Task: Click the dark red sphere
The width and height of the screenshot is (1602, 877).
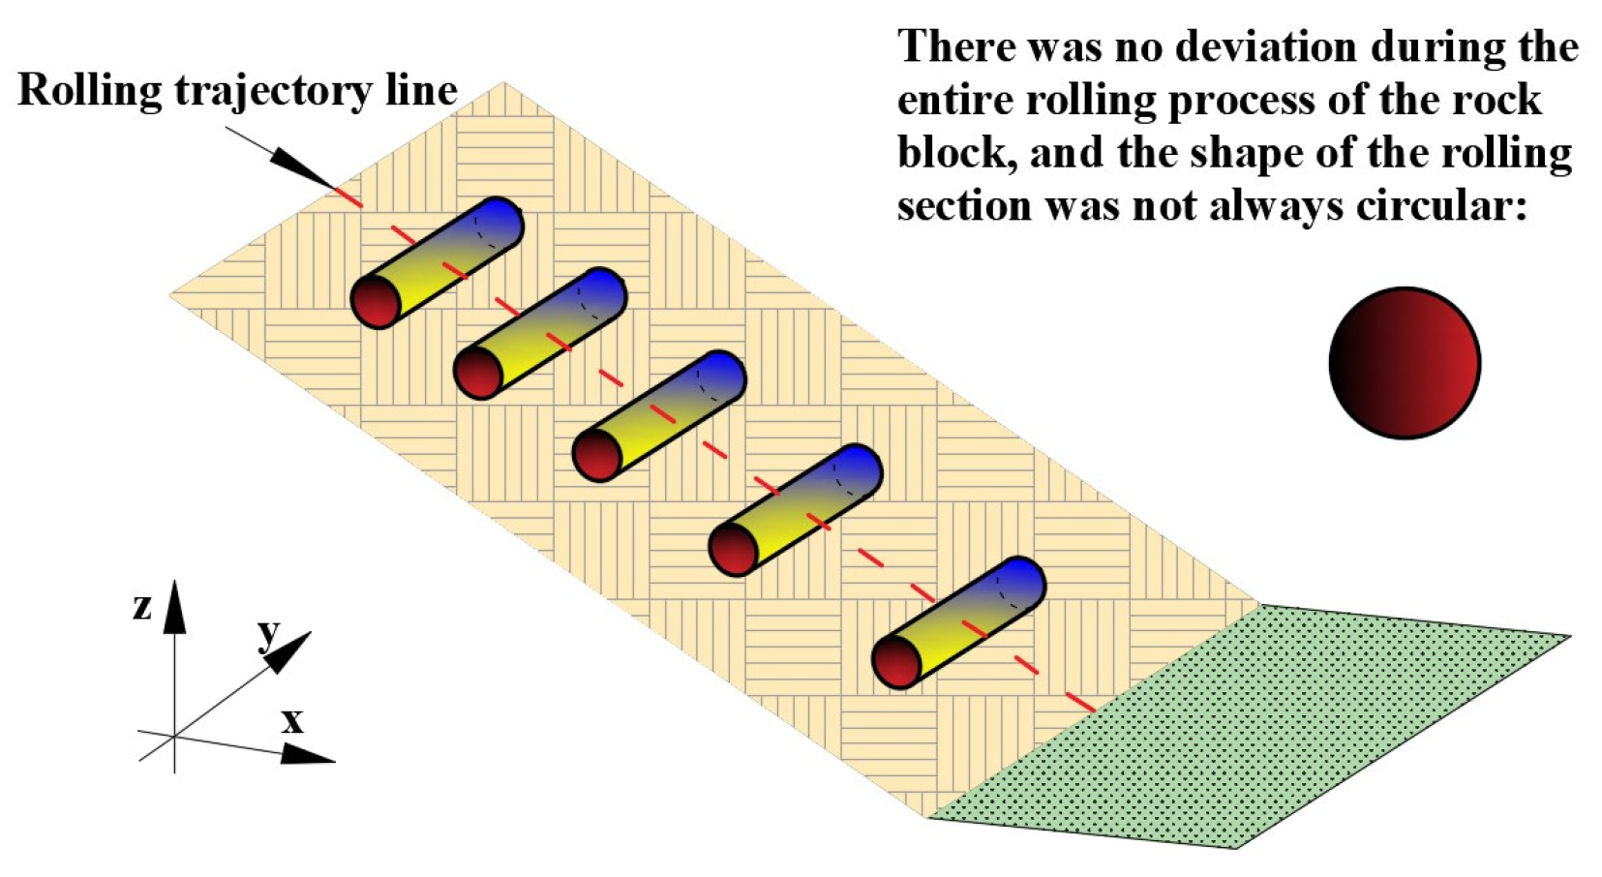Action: click(1404, 362)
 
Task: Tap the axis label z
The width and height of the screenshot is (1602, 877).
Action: click(142, 606)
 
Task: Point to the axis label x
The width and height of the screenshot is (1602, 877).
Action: click(291, 720)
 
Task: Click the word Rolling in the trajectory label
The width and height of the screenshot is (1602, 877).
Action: click(90, 90)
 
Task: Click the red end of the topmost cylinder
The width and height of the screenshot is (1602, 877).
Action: click(376, 301)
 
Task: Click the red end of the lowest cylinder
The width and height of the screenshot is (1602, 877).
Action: click(896, 661)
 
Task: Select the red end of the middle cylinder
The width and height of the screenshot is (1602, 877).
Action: click(597, 454)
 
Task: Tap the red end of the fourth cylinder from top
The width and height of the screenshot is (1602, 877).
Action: click(734, 549)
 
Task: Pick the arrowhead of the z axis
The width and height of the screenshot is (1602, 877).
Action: click(174, 606)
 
